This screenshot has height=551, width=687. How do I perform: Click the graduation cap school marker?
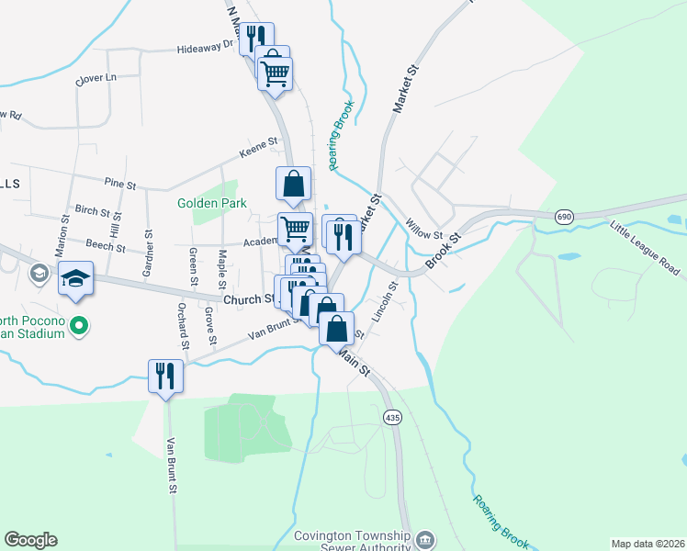(75, 277)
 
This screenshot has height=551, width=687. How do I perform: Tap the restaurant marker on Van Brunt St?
(165, 376)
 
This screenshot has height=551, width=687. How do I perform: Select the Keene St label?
(258, 143)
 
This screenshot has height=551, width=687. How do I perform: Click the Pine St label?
(120, 185)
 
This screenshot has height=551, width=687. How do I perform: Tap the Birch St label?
(93, 210)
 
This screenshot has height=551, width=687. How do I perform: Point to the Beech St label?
(106, 246)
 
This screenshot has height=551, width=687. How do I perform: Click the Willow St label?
(423, 227)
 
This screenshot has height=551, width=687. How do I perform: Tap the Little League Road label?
(645, 243)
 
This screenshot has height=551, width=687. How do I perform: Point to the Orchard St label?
(184, 326)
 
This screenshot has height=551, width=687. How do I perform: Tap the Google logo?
(30, 540)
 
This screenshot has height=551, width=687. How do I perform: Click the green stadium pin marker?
(80, 324)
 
